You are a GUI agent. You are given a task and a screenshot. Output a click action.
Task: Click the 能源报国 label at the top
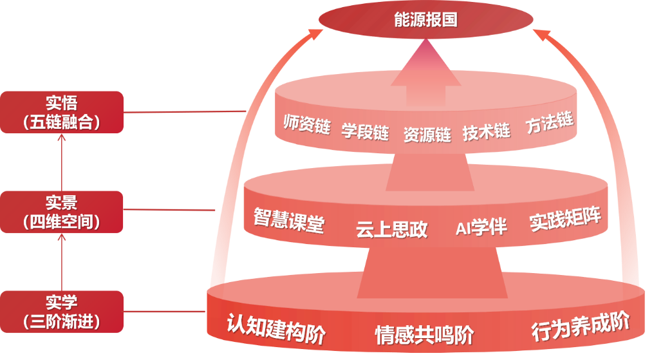coord(425,20)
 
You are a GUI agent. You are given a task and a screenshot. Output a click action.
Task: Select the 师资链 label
coord(306,123)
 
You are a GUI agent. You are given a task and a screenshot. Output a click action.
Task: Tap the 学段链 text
coord(365,133)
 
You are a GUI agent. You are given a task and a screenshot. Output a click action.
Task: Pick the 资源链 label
coord(427,135)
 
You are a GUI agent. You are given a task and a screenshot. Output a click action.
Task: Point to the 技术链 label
coord(486,132)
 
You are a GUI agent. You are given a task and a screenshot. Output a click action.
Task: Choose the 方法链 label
coord(548,122)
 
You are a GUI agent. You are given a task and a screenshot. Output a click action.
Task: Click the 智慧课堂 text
coord(288,220)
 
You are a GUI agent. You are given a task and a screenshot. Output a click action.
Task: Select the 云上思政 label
coord(391,230)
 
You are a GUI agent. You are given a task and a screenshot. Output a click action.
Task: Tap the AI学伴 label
coord(481,227)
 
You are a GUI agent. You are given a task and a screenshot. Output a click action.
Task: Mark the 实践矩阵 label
coord(565,219)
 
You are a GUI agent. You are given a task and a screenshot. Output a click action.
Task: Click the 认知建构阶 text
coord(276,328)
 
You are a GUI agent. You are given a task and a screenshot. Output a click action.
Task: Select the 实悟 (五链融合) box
coord(61,112)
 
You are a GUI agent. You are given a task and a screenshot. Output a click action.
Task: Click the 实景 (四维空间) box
coord(61,212)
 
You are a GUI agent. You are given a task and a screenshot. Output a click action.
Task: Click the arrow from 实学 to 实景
coord(62,261)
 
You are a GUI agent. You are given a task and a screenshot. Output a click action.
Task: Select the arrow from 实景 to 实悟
coord(62,162)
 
